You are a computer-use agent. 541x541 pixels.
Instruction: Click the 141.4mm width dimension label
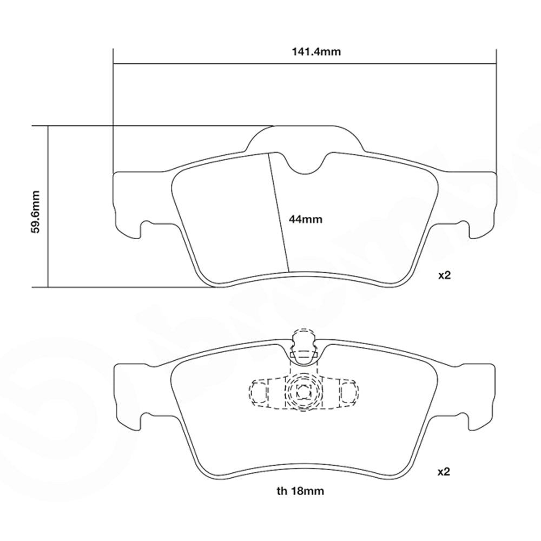pyautogui.click(x=304, y=52)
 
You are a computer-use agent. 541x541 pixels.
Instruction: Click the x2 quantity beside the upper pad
pyautogui.click(x=444, y=275)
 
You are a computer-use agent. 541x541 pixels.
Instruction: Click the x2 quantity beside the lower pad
pyautogui.click(x=444, y=472)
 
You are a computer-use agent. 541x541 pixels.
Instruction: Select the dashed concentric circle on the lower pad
pyautogui.click(x=300, y=392)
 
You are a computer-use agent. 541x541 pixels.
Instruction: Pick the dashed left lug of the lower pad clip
pyautogui.click(x=259, y=391)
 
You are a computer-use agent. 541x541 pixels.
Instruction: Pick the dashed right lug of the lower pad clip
pyautogui.click(x=349, y=391)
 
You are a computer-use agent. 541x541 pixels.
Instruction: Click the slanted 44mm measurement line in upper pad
pyautogui.click(x=278, y=211)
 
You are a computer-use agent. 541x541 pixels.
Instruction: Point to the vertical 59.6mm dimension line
pyautogui.click(x=48, y=207)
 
